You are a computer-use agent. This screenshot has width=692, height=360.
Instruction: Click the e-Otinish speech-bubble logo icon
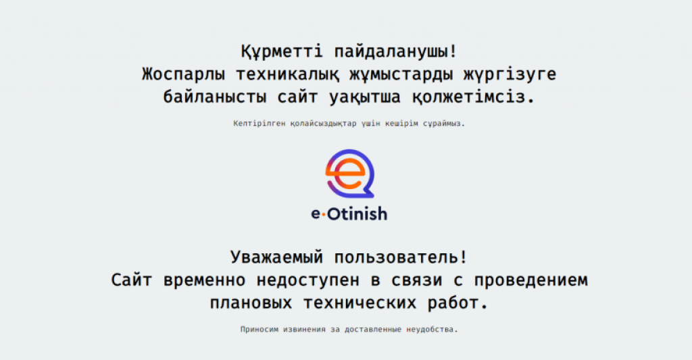click(x=349, y=173)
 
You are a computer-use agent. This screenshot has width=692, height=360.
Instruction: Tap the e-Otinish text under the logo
click(x=349, y=214)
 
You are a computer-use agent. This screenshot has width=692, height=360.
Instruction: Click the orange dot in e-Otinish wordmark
click(x=322, y=215)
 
